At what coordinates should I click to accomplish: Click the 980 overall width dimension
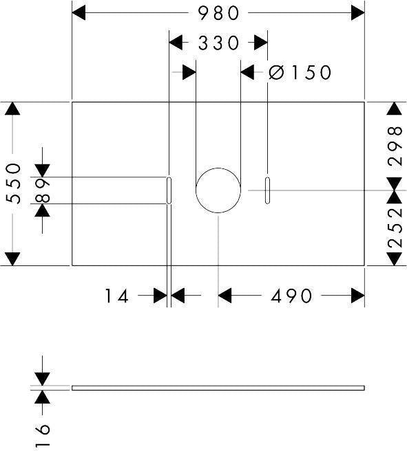(x=218, y=13)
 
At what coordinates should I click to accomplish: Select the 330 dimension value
(x=218, y=43)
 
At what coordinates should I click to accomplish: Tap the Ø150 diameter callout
(x=300, y=72)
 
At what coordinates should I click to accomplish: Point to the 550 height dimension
(x=14, y=183)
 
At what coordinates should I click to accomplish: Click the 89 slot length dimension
(x=42, y=190)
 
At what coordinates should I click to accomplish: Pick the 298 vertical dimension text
(x=395, y=146)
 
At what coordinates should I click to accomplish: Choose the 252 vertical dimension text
(x=395, y=228)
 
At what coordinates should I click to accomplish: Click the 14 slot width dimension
(x=116, y=296)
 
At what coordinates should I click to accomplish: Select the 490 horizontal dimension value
(x=291, y=296)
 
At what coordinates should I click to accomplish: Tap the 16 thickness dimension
(x=42, y=435)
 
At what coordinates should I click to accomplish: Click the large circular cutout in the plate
(x=218, y=168)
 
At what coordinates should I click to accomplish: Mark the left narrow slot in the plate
(x=169, y=190)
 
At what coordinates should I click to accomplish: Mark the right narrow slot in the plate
(x=268, y=190)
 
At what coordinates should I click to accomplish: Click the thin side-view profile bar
(x=218, y=388)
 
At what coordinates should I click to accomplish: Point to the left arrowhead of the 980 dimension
(x=79, y=13)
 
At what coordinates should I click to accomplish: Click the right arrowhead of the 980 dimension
(x=357, y=13)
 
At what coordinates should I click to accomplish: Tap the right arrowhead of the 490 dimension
(x=357, y=296)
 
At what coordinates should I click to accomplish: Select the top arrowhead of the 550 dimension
(x=12, y=109)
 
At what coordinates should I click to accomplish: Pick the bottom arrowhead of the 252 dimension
(x=395, y=259)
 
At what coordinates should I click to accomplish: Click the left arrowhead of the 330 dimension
(x=176, y=43)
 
